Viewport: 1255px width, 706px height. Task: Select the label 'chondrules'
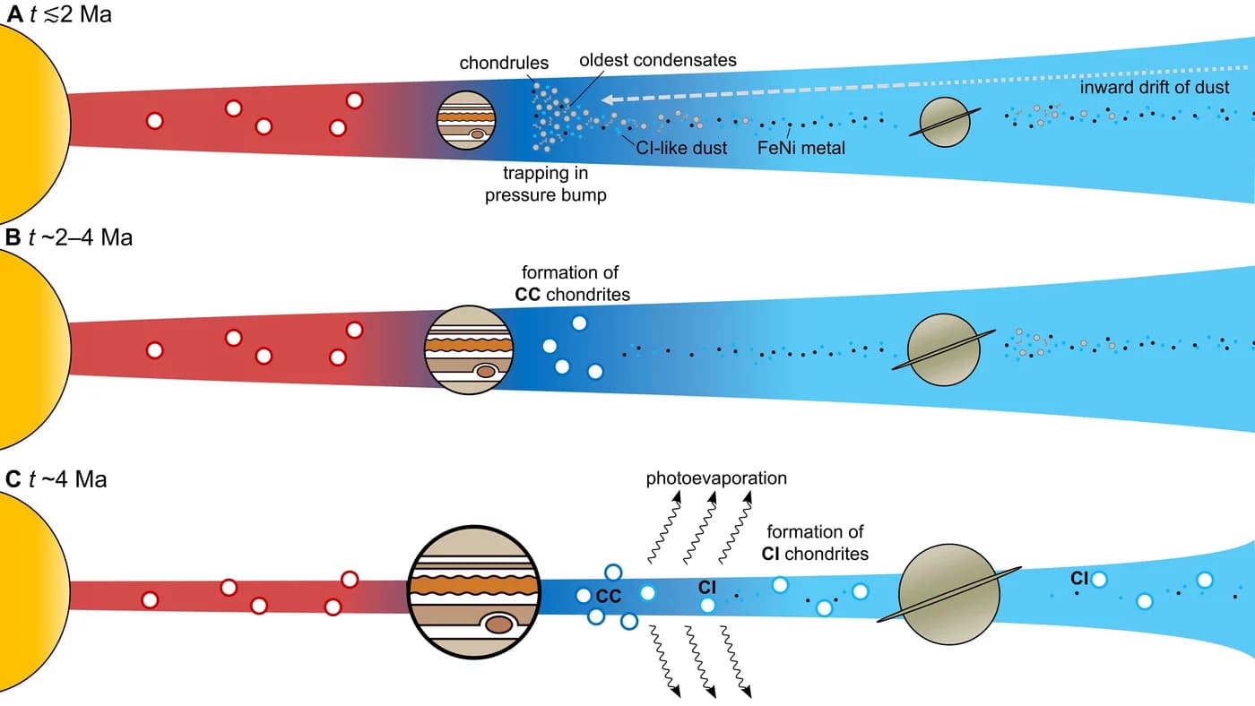coord(504,63)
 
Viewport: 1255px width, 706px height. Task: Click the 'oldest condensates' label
coord(658,61)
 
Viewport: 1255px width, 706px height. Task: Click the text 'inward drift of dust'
coord(1155,87)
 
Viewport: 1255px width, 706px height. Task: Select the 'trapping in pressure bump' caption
coord(545,185)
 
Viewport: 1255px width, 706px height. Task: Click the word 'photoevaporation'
coord(716,478)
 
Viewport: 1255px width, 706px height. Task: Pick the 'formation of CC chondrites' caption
coord(570,283)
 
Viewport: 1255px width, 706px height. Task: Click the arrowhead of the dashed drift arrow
coord(608,99)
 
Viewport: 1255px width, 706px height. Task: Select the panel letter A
coord(13,14)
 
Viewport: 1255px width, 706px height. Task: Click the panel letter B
coord(13,238)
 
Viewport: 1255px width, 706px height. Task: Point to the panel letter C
coord(13,479)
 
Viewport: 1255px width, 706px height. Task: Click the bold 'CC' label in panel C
coord(609,594)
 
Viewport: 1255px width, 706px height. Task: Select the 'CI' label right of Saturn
coord(1079,579)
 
